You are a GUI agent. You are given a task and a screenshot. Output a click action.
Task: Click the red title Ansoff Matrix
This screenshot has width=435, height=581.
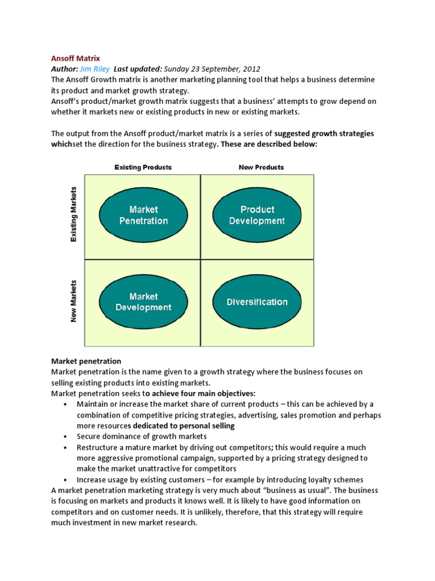click(75, 58)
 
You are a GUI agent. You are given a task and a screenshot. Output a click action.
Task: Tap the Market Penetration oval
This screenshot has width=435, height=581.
click(143, 215)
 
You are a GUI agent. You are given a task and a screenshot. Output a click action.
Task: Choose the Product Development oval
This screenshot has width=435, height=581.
click(257, 215)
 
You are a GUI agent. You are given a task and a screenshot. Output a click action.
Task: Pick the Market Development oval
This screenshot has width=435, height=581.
click(143, 302)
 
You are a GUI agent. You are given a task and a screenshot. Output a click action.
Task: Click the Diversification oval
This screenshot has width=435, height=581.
click(257, 302)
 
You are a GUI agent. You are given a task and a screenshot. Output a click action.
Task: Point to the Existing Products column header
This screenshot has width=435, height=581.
click(143, 167)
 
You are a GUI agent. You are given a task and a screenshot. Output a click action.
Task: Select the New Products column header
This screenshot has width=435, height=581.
click(261, 167)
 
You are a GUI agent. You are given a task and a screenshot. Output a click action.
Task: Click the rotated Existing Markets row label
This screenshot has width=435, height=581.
click(73, 216)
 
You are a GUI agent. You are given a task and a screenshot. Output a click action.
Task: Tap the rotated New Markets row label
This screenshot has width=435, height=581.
click(73, 301)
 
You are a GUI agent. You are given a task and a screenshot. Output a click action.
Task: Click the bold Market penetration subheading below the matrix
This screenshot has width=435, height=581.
click(86, 361)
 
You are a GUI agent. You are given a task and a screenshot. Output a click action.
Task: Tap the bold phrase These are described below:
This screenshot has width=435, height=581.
click(268, 144)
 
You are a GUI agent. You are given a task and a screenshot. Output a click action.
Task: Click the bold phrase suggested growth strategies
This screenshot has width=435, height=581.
click(324, 133)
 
